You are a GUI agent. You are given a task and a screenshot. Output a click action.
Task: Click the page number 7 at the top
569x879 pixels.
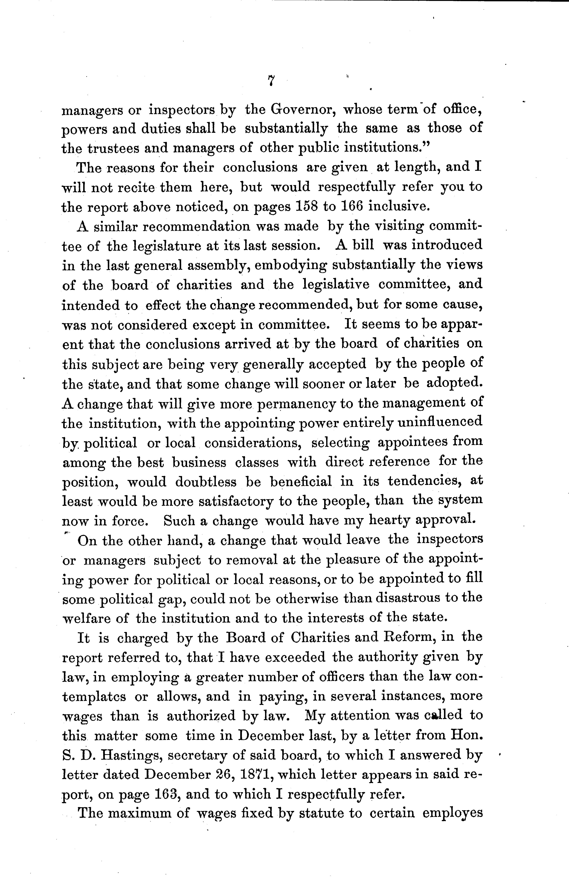271,80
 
